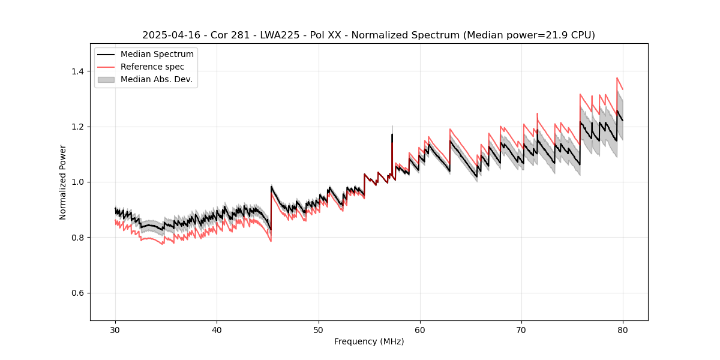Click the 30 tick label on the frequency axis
coord(115,330)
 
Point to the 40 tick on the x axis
coord(217,330)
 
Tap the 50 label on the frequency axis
coord(318,330)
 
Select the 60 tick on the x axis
coord(420,330)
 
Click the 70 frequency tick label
coord(521,330)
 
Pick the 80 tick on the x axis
coord(623,330)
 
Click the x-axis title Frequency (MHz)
coord(369,341)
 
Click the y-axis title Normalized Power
coord(63,182)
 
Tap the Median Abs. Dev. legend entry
coord(156,79)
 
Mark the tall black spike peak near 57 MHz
coord(392,134)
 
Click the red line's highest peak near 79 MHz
coord(617,78)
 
